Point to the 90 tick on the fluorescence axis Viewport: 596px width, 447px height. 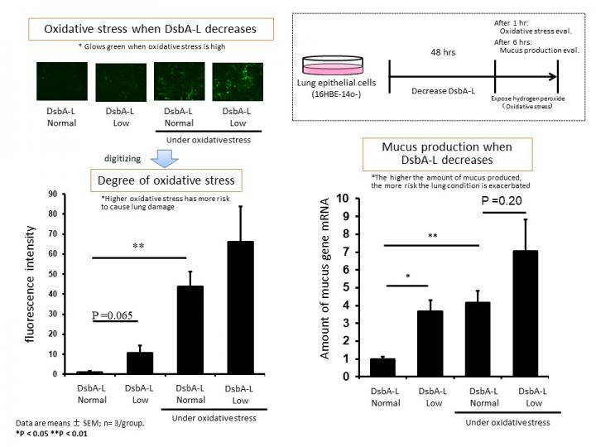click(52, 195)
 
